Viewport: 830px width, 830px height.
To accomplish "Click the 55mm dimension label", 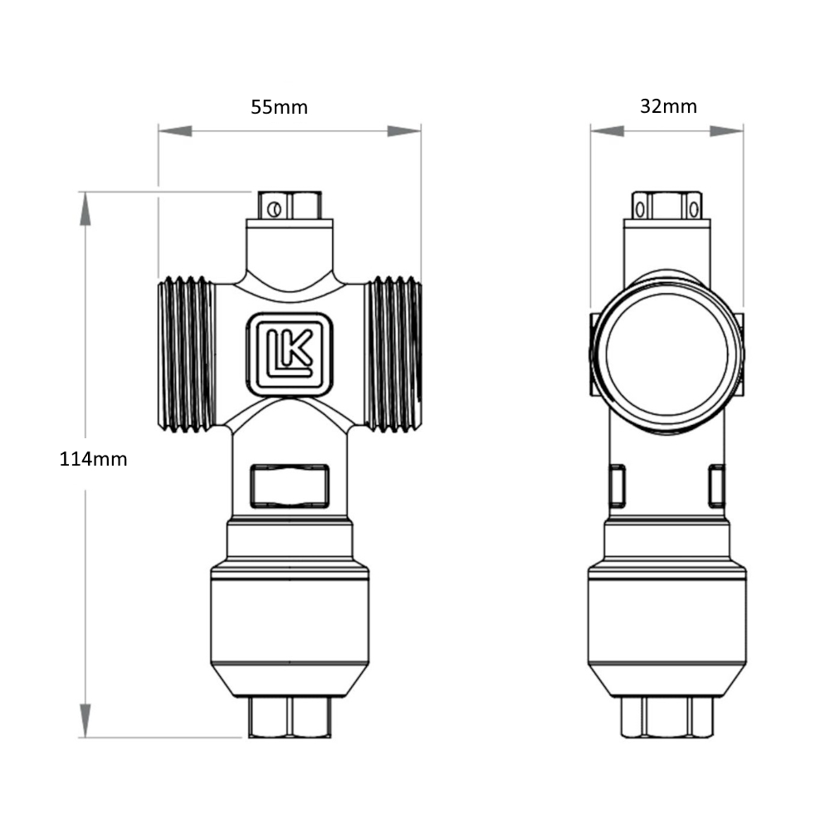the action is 279,107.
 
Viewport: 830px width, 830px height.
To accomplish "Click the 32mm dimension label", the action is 668,106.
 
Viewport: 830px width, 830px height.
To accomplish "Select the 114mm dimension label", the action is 93,459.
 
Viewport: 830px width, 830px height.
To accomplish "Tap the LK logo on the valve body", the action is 290,354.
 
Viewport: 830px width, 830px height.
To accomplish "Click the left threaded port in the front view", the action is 186,354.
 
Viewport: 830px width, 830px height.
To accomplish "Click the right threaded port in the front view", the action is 393,354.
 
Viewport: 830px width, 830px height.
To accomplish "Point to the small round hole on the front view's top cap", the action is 274,210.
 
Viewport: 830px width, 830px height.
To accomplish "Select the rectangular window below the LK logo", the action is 290,486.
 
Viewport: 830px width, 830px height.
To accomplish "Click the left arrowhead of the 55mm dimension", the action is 175,131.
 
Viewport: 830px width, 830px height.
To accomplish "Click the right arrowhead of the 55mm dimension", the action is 404,131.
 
